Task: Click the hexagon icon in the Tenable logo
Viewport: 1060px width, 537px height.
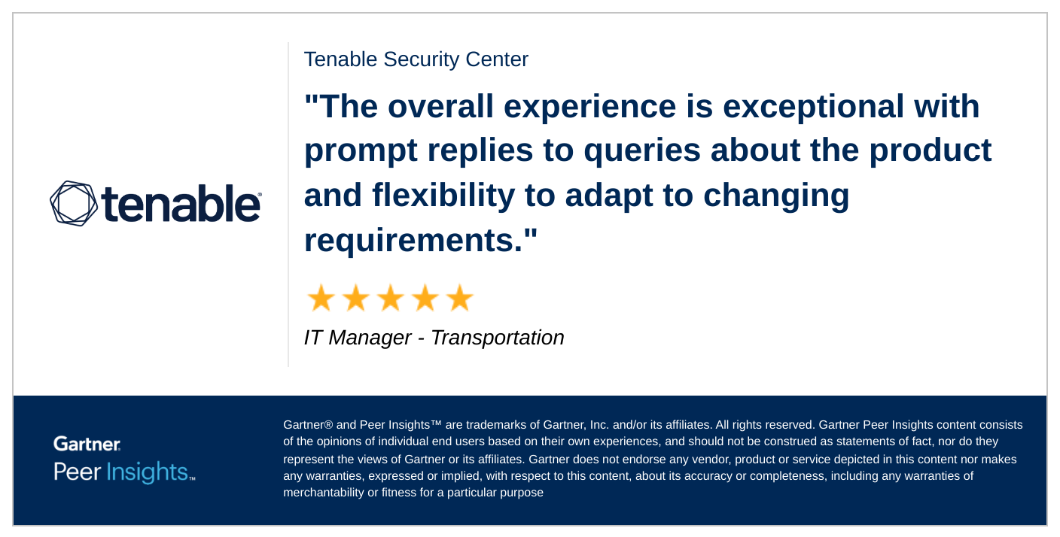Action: (x=74, y=203)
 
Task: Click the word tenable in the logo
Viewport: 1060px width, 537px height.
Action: (x=181, y=203)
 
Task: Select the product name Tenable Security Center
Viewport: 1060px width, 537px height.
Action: (x=416, y=59)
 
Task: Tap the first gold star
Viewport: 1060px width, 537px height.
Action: (x=321, y=299)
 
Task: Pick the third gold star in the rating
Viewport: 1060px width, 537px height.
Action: (x=390, y=299)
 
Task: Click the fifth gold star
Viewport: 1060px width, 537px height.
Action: (x=459, y=299)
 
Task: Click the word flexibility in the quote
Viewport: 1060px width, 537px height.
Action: (x=443, y=196)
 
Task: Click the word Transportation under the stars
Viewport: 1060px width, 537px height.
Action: (x=498, y=338)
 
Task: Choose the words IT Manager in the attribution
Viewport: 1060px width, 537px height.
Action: (x=358, y=338)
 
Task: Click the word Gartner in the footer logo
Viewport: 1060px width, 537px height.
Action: (x=87, y=444)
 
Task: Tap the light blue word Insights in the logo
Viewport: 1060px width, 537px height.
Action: (x=148, y=472)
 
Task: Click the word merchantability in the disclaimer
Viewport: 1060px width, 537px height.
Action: (x=328, y=493)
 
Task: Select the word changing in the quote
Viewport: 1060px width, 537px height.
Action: (x=776, y=196)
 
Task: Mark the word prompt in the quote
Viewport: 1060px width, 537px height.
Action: (x=361, y=151)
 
